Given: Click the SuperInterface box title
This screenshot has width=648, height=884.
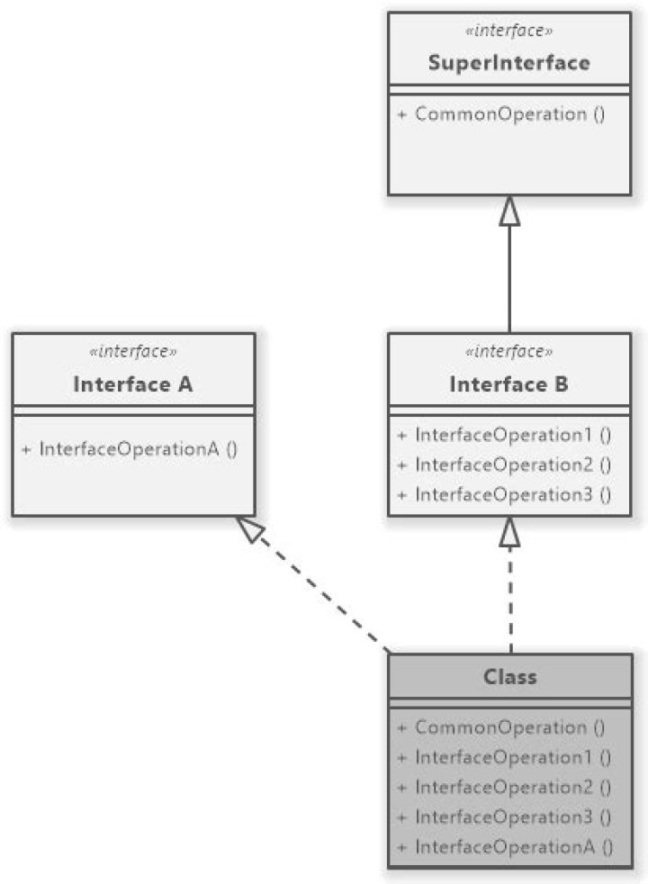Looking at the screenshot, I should pos(508,63).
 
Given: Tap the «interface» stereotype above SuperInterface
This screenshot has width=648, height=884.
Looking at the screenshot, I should pos(508,32).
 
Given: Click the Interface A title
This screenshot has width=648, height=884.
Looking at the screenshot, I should pos(133,384).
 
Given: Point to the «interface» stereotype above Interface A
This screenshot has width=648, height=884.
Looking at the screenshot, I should pos(133,352).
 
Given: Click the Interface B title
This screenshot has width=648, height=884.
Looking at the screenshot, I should pos(508,384).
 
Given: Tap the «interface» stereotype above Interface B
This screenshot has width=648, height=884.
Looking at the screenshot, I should pos(508,352).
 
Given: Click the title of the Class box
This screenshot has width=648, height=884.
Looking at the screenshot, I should pos(509,676).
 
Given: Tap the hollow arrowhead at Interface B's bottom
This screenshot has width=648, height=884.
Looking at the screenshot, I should pos(509,532).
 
